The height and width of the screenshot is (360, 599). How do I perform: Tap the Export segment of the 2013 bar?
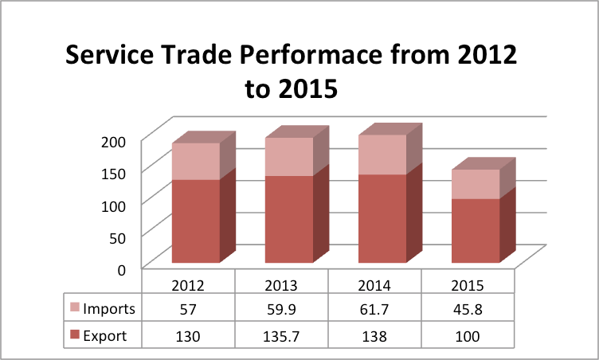pos(288,219)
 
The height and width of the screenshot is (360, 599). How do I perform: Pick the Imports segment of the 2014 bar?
pos(382,155)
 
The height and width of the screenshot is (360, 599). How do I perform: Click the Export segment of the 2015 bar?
pos(475,230)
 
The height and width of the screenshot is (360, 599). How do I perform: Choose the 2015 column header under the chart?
pos(468,285)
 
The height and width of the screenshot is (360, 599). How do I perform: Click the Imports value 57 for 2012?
pos(188,309)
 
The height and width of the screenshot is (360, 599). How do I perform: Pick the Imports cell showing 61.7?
pos(374,309)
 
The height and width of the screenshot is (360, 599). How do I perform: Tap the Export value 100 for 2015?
pos(468,336)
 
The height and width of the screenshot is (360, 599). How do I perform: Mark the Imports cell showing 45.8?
pos(468,309)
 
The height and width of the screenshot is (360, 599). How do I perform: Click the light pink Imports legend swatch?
pos(75,309)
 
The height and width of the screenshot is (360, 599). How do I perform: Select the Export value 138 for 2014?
pos(374,336)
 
